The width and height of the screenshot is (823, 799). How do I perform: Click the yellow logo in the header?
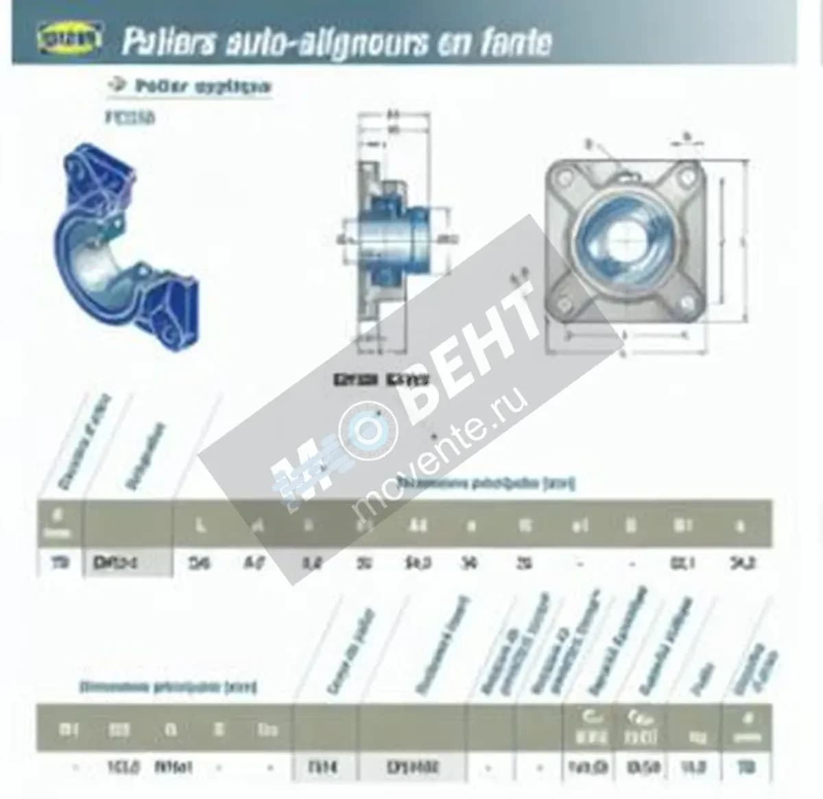68,40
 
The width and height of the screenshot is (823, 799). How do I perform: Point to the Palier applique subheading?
203,86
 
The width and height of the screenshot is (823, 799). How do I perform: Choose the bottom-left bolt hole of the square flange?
564,300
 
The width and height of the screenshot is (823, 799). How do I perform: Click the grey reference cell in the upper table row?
126,564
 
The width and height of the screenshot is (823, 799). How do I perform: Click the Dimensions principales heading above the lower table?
168,686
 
